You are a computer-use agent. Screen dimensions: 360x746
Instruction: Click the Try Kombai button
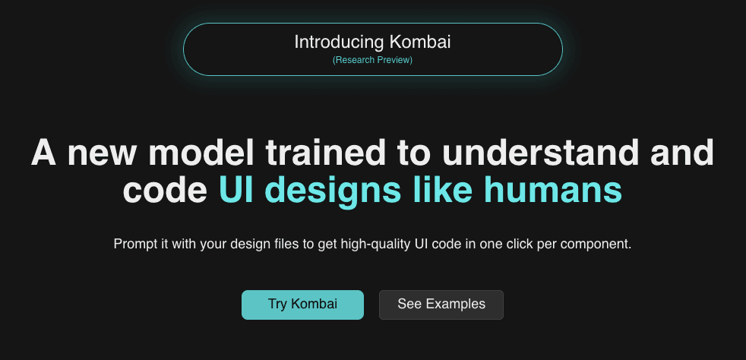[302, 305]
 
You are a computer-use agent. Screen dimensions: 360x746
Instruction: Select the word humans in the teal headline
[561, 191]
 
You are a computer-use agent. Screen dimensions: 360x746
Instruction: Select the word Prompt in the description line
[133, 245]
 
